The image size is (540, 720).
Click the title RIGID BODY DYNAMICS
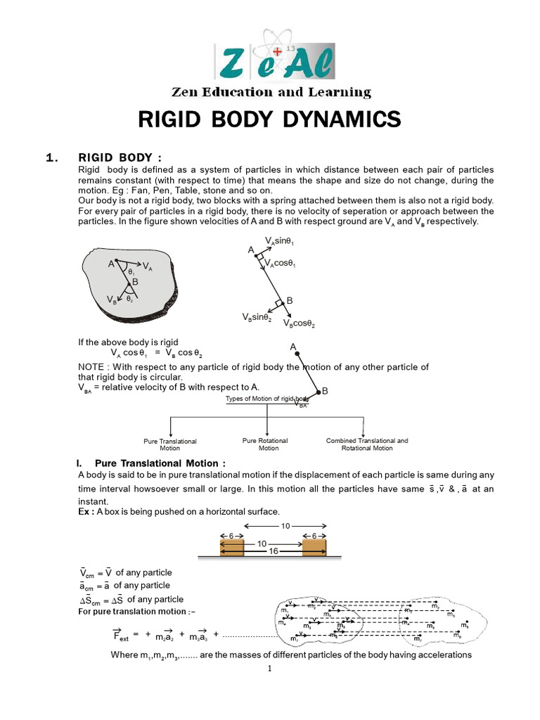269,120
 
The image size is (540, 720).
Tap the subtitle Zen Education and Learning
271,92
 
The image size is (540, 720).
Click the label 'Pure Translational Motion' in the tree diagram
170,444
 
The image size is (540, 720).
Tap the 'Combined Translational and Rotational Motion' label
366,444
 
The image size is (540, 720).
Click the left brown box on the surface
229,546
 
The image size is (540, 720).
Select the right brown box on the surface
314,546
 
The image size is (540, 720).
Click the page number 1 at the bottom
269,669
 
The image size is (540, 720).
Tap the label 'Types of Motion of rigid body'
266,399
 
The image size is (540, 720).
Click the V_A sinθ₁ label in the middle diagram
281,240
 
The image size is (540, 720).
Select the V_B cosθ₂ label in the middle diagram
299,324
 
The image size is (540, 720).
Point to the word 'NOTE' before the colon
91,367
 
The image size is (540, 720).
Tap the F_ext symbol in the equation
121,636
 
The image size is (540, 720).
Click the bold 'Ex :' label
86,511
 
